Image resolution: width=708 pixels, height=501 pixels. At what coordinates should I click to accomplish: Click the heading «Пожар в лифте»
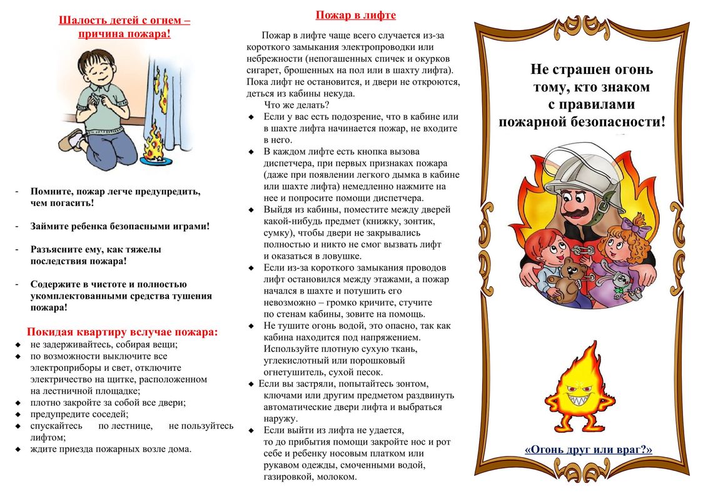pos(355,15)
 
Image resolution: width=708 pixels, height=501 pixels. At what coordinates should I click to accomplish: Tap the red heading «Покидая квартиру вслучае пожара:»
pos(122,332)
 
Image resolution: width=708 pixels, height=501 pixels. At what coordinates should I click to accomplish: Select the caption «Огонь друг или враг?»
pos(588,449)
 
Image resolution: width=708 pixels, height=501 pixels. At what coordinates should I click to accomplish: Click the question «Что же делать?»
pos(296,105)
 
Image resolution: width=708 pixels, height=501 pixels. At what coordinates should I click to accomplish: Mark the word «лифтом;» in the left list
pos(48,438)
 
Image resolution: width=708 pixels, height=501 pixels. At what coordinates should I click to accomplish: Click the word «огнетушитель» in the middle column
pos(292,372)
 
